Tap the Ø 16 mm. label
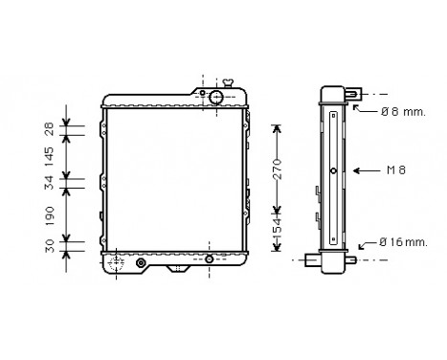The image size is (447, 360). [x=402, y=242]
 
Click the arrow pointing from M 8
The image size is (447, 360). [x=366, y=170]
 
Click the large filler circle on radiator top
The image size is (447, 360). [x=217, y=98]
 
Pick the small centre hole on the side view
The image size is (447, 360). [x=332, y=171]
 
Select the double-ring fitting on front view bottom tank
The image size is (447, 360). [x=141, y=261]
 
